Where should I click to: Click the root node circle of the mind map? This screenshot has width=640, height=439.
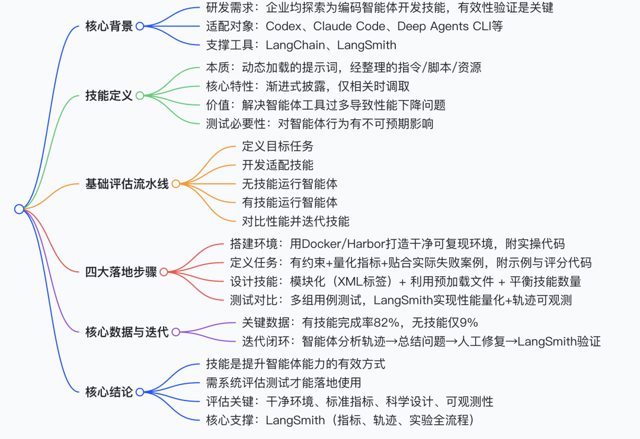(x=19, y=209)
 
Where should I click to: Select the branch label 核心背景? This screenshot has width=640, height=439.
(x=109, y=27)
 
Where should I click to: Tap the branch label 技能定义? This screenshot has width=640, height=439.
(x=109, y=96)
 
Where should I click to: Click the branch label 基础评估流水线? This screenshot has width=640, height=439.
(x=127, y=184)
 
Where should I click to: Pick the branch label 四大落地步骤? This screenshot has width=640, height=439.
(x=121, y=272)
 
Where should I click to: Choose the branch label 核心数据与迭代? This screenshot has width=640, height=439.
(x=127, y=332)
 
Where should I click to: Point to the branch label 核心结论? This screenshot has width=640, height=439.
(x=109, y=392)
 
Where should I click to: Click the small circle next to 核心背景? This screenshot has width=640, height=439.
(x=140, y=27)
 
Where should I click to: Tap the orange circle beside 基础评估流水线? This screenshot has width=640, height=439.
(x=175, y=184)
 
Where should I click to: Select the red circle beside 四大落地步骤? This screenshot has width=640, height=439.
(x=164, y=272)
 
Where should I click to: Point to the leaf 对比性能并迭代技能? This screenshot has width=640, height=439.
(x=295, y=221)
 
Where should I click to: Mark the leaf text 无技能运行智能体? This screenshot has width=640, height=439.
(x=289, y=184)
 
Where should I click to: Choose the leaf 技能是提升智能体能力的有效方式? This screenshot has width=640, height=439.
(x=295, y=364)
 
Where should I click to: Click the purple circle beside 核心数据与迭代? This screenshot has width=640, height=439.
(x=175, y=332)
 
